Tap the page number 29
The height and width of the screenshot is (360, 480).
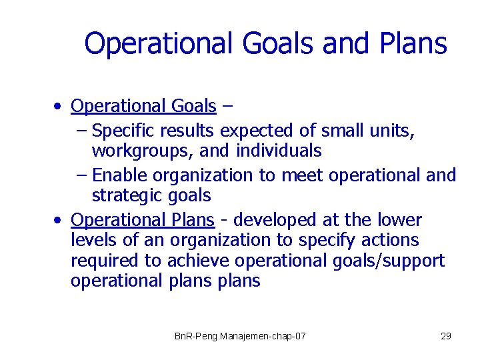[446, 336]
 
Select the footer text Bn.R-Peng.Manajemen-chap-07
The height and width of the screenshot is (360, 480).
[240, 336]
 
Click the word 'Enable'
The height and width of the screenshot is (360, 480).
[121, 175]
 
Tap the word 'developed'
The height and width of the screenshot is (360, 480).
[278, 220]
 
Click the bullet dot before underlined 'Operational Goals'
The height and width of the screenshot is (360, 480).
[60, 107]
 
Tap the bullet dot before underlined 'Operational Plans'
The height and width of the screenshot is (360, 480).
[60, 220]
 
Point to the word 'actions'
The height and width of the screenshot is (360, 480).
[393, 240]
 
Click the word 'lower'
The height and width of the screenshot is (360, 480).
[399, 220]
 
